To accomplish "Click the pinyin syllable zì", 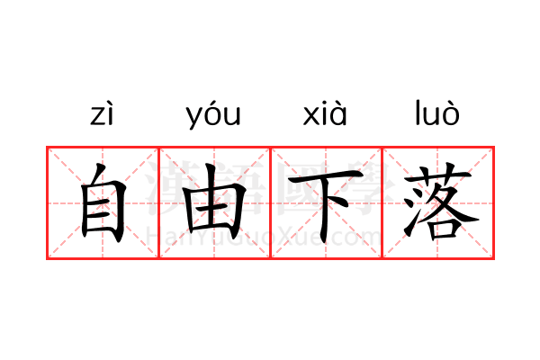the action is (102, 113).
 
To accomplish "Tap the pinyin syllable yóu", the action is (213, 114).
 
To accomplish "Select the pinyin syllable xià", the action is (325, 113).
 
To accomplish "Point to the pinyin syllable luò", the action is (437, 112).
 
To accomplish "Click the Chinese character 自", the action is (103, 202).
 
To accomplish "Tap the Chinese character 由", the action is (214, 202).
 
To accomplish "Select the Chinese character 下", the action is (325, 205).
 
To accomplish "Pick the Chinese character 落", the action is (440, 202).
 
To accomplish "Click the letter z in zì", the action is (96, 116).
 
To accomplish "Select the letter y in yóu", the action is (193, 118).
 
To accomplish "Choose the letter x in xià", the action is (310, 116).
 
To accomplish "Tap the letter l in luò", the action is (417, 112).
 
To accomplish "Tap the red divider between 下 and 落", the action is (382, 202).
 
